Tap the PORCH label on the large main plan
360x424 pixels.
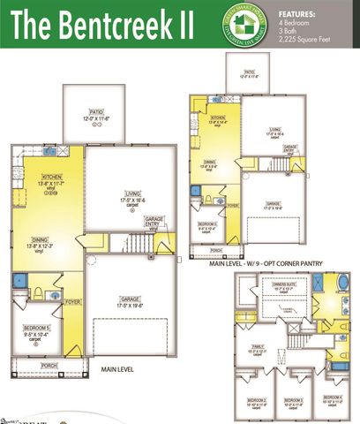click(49, 365)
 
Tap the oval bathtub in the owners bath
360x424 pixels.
click(342, 284)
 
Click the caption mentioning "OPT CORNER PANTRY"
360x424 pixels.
click(266, 262)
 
